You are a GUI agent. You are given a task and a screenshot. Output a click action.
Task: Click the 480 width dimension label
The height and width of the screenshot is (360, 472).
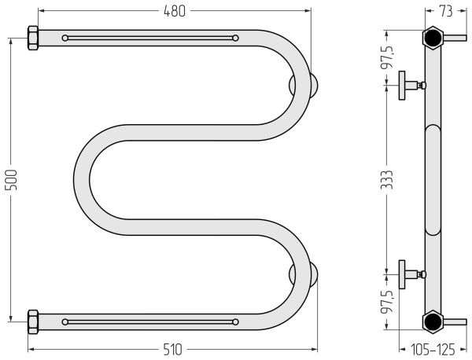[x=175, y=11]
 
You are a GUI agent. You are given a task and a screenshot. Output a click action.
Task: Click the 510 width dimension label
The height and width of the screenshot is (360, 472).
[x=173, y=350]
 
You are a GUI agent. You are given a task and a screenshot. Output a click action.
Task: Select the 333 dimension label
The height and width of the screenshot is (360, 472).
[x=387, y=180]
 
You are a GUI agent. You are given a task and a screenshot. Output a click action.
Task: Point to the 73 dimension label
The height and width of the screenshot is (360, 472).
[x=446, y=11]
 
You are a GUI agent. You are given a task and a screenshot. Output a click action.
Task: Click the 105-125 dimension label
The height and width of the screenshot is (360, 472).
[x=433, y=350]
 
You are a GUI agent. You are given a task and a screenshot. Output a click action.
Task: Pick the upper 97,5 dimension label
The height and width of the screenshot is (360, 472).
[x=387, y=57]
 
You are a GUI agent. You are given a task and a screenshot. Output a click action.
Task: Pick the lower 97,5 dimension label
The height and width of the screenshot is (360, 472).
[x=387, y=302]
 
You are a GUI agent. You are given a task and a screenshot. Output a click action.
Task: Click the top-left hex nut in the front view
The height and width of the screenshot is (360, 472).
[x=33, y=38]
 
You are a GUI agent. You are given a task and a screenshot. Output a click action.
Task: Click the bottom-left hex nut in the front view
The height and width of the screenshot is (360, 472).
[x=33, y=321]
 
